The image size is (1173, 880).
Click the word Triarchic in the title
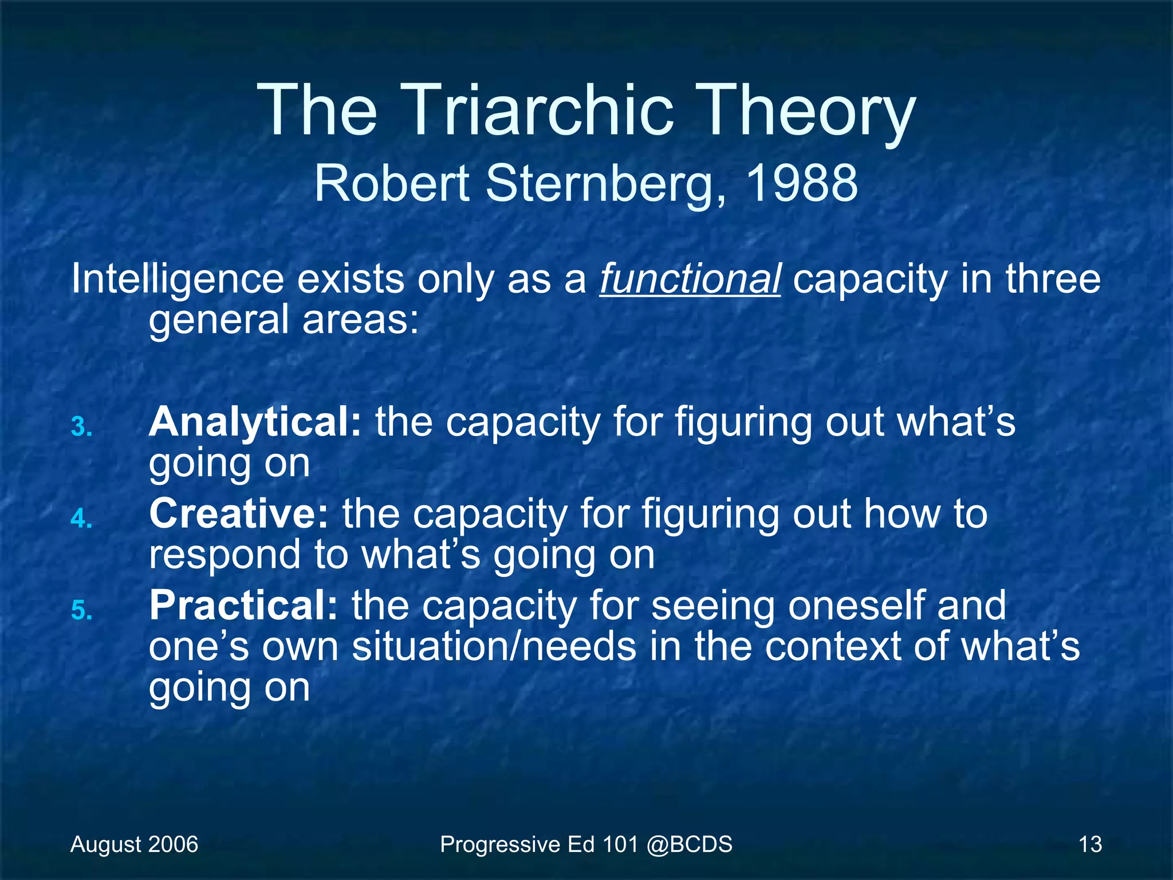tap(540, 110)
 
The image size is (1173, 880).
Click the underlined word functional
tap(690, 279)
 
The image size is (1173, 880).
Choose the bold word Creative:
tap(239, 514)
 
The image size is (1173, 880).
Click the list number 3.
tap(82, 427)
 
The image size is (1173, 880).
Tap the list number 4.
tap(82, 519)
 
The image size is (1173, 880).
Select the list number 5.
tap(82, 611)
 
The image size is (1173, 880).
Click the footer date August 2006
tap(134, 844)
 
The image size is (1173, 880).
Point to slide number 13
tap(1090, 844)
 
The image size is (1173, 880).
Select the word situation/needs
tap(494, 647)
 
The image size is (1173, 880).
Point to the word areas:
tap(361, 320)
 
